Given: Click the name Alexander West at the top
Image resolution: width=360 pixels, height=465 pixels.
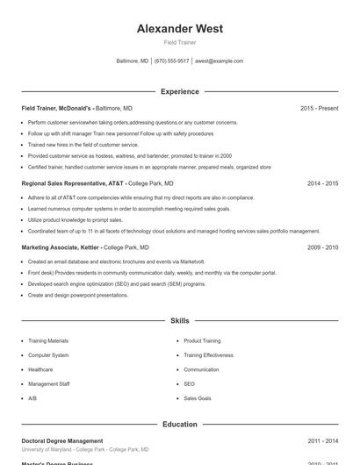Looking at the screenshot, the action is click(179, 29).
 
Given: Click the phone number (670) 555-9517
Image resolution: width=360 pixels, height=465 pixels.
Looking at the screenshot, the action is click(171, 61).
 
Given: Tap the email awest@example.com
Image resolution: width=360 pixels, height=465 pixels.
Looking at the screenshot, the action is click(219, 61).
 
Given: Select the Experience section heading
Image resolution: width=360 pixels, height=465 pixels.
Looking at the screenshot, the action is click(179, 91).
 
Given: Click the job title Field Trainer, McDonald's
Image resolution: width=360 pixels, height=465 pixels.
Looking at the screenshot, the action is click(56, 108).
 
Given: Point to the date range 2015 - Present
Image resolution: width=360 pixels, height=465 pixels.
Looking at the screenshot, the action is click(319, 108).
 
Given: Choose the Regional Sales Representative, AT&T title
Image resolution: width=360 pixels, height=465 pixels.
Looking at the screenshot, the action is click(74, 183).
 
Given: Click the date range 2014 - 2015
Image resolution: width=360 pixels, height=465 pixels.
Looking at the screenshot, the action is click(322, 183).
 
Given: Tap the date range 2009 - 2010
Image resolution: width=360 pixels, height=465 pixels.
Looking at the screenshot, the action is click(322, 247).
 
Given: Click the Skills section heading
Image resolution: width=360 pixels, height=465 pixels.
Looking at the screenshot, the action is click(179, 321).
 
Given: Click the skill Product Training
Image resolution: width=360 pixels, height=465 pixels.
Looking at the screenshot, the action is click(202, 340).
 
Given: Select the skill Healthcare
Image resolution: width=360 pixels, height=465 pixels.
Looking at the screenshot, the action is click(40, 369).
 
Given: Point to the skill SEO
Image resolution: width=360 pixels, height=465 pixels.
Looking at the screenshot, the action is click(189, 383).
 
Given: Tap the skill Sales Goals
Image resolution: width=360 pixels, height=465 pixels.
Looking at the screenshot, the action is click(197, 398).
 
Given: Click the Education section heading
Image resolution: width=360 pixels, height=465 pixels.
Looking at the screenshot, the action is click(179, 424).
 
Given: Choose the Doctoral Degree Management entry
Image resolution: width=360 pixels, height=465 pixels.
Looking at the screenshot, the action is click(62, 440).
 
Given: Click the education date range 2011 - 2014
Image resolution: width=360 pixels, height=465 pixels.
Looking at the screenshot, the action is click(322, 440).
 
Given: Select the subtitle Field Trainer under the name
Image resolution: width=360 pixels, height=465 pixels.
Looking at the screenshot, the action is click(179, 42).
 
